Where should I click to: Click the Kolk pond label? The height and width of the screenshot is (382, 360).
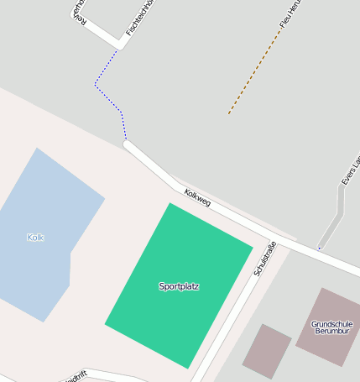point(35,238)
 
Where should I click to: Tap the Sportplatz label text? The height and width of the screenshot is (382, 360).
point(179,286)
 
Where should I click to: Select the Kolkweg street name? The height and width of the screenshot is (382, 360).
point(198,198)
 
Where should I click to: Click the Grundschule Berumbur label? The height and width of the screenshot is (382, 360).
point(331,327)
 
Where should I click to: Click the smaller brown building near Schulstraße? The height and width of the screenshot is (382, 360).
point(267,350)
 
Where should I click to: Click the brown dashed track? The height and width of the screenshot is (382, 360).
point(252,76)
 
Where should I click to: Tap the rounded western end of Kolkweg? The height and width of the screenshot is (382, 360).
point(128,145)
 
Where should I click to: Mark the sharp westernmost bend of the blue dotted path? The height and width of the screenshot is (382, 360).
point(96,85)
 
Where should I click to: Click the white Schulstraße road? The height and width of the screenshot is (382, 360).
point(227,319)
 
